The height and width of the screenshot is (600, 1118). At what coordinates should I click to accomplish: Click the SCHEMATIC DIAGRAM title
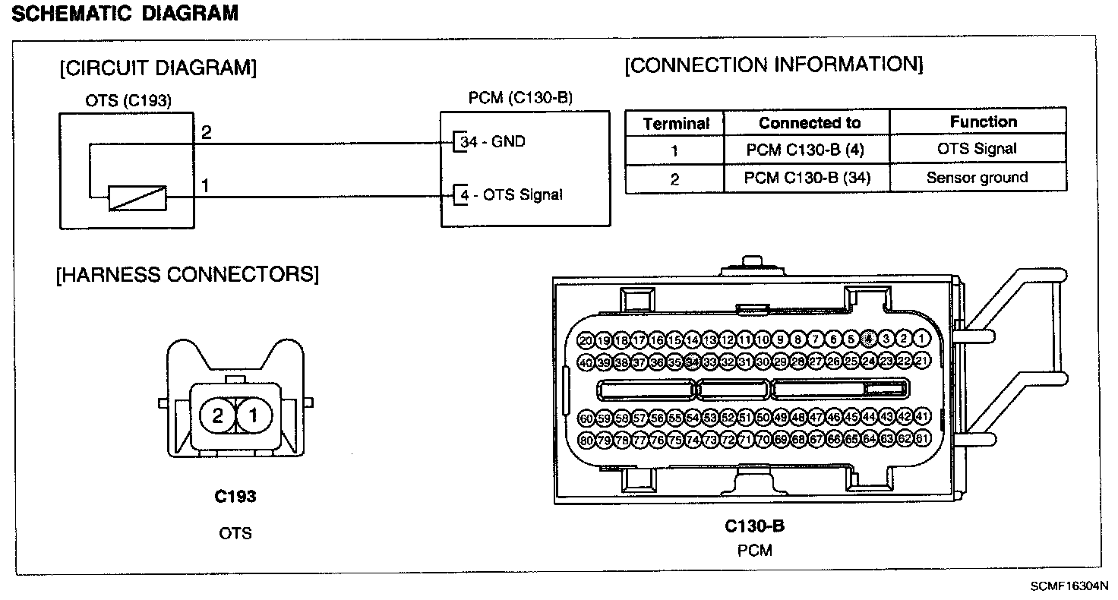click(126, 13)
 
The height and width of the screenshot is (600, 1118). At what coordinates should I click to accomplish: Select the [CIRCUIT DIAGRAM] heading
click(158, 68)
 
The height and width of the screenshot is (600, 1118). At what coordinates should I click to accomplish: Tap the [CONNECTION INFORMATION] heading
click(774, 65)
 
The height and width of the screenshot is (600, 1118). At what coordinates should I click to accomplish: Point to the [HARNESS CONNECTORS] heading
click(188, 274)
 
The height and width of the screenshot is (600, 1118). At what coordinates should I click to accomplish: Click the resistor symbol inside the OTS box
click(137, 198)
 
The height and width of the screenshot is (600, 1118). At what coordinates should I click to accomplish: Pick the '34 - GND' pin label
click(492, 142)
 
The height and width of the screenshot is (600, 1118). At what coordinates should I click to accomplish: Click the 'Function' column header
click(983, 122)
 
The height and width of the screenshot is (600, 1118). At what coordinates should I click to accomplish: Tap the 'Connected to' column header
click(810, 123)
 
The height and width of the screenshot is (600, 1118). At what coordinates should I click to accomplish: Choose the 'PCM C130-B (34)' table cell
click(807, 178)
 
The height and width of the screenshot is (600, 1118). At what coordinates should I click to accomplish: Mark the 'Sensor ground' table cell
click(977, 178)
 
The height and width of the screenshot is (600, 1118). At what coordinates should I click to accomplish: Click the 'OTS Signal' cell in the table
click(977, 149)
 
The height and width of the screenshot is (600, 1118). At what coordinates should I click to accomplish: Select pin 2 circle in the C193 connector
click(218, 415)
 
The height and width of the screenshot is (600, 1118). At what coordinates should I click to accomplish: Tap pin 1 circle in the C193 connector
click(254, 415)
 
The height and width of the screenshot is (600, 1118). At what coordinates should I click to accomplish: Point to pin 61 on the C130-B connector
click(922, 439)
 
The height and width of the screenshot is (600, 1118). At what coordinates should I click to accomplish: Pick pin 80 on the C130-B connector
click(586, 439)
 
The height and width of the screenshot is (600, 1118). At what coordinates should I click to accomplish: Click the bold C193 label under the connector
click(235, 497)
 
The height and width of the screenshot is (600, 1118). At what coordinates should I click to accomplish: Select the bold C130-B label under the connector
click(754, 526)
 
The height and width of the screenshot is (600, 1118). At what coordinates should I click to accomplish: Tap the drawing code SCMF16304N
click(1069, 586)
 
